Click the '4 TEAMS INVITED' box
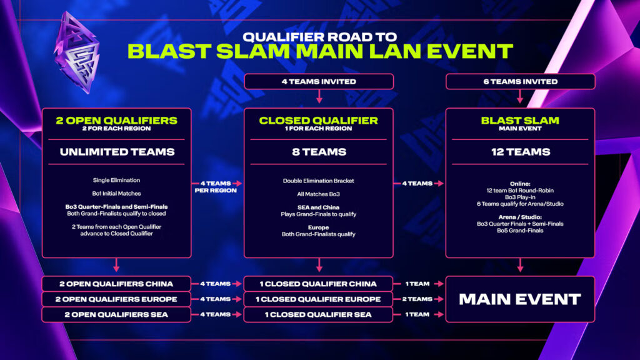(319, 81)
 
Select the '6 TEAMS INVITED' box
(520, 81)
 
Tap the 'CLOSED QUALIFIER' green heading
(319, 121)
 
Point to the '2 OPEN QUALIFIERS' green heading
(116, 121)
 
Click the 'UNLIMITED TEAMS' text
(116, 152)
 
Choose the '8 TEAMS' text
(319, 152)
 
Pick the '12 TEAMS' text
(520, 152)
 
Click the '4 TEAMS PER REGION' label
(214, 186)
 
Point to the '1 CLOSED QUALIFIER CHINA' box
(319, 283)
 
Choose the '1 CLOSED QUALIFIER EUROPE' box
(319, 299)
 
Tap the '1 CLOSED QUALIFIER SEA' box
(319, 314)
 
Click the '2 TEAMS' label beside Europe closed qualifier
(416, 299)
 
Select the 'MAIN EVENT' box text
(520, 299)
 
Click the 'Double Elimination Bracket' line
(319, 181)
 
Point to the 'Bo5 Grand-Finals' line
(520, 231)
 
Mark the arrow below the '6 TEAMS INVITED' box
(520, 97)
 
